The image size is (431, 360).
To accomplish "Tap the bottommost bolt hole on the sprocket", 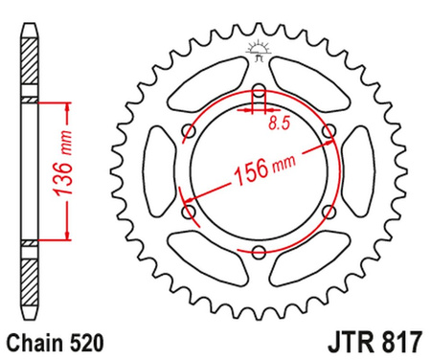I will (259, 251).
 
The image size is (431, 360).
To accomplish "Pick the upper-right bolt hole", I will (329, 132).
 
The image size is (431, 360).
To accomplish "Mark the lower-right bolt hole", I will (329, 212).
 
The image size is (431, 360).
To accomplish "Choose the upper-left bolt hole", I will (189, 132).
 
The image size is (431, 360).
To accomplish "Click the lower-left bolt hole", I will (189, 212).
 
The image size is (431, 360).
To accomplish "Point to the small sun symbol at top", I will (259, 48).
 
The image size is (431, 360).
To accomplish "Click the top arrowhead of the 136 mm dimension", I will (67, 104).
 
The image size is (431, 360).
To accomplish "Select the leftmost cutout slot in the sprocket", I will (159, 172).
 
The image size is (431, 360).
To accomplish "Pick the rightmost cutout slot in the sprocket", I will (359, 172).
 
